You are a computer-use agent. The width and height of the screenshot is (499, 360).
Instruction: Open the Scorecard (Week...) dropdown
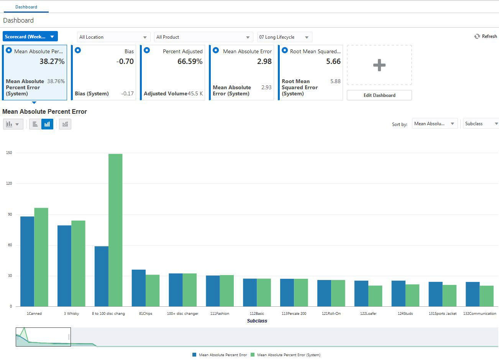[30, 36]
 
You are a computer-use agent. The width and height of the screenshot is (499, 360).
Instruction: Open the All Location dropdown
[113, 37]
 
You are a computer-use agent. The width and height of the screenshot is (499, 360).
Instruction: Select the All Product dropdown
[203, 37]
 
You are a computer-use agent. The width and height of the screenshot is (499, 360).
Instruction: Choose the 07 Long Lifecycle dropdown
[284, 37]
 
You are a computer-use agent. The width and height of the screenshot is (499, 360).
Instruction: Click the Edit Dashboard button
[379, 95]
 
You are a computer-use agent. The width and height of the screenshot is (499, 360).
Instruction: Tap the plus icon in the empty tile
[379, 65]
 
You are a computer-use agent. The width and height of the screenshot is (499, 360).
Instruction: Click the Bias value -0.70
[125, 62]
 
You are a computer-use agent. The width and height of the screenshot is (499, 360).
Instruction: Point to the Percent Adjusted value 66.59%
[190, 62]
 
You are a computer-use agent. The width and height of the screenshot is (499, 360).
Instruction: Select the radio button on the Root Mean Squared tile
[285, 50]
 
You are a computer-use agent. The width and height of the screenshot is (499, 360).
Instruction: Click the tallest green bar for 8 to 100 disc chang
[115, 230]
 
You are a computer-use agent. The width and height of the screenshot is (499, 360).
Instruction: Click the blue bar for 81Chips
[138, 288]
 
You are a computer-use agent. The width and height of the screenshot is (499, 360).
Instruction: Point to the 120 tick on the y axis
[9, 183]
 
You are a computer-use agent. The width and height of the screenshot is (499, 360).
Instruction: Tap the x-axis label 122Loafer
[368, 314]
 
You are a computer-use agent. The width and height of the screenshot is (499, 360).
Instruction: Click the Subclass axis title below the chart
[257, 321]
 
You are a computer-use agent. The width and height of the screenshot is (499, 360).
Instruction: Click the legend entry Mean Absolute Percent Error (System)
[288, 355]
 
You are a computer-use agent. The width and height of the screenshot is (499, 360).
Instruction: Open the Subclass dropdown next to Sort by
[481, 124]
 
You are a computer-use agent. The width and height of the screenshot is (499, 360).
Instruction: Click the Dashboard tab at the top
[26, 7]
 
